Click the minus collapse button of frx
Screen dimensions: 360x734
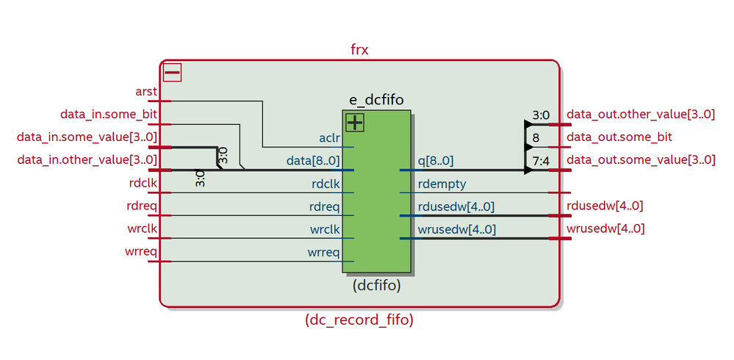(172, 73)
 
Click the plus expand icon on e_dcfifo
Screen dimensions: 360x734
(355, 123)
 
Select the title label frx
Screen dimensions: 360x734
(359, 50)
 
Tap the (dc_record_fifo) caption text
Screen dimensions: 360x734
(359, 320)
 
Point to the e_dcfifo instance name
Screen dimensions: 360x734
(377, 100)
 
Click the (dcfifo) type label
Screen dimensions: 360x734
(377, 285)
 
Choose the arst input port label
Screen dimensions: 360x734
(146, 92)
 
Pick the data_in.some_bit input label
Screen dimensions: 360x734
(108, 115)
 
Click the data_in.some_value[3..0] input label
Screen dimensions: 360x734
(87, 137)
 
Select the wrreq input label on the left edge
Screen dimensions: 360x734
(140, 252)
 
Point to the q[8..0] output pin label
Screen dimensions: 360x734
(436, 161)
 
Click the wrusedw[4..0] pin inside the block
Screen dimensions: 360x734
(456, 229)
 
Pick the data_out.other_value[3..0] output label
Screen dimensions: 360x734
(641, 115)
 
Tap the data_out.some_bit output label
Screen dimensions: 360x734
(619, 137)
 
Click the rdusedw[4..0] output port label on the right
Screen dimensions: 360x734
(605, 206)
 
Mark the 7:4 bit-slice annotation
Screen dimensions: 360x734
(541, 160)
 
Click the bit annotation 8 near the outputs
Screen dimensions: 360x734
(536, 137)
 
